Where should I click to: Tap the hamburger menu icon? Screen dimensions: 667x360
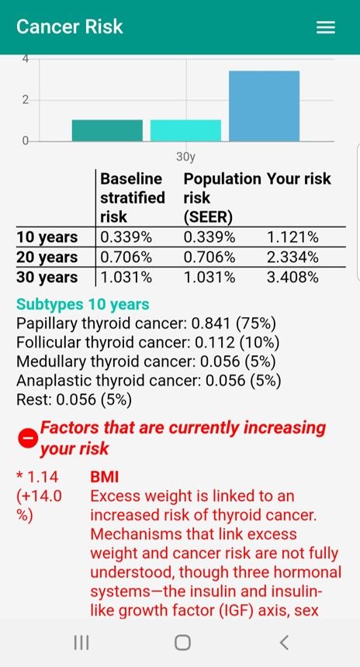(326, 27)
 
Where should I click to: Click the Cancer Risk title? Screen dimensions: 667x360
(70, 26)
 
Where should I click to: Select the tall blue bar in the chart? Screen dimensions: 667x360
(264, 106)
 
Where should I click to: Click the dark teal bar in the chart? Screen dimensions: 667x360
(107, 130)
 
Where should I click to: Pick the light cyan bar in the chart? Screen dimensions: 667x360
(185, 130)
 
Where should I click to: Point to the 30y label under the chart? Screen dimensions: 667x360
(185, 157)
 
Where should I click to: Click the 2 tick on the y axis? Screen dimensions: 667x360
(25, 100)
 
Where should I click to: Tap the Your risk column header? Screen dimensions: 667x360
(299, 179)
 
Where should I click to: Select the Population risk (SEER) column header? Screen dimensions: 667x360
(222, 198)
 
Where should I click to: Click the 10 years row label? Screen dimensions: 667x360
(47, 237)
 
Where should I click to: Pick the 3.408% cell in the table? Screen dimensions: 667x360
(292, 278)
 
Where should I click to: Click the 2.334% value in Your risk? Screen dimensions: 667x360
(292, 257)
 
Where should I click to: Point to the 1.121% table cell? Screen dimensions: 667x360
(292, 237)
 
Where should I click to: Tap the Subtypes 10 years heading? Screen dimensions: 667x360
(83, 305)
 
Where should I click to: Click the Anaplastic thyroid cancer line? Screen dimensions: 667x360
(148, 381)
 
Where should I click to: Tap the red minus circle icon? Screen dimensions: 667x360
(26, 438)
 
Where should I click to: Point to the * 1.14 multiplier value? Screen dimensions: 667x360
(37, 476)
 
